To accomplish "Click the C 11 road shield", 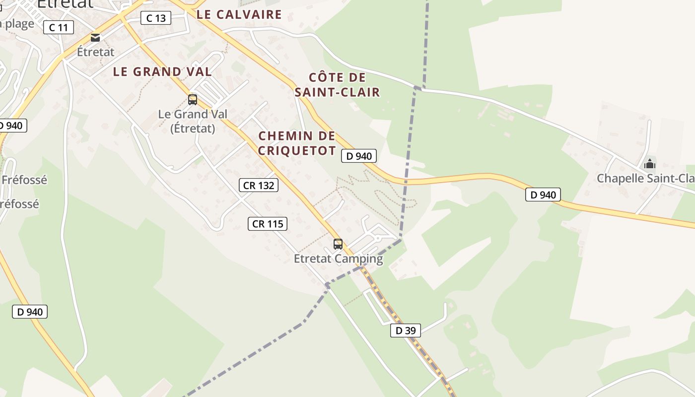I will coord(59,27).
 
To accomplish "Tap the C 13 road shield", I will coord(156,18).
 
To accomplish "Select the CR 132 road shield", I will coord(258,185).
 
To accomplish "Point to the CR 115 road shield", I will coord(268,224).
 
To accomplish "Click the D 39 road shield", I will coord(406,330).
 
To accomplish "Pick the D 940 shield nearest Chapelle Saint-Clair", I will coord(543,195).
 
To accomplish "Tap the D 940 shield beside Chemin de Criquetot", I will coord(359,156).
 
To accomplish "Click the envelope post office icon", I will coord(95,38).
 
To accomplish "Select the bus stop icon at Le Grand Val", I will coord(193,100).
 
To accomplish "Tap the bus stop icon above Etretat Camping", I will coord(338,244).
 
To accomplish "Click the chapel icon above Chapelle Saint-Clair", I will coord(649,164).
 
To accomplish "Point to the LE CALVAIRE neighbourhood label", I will coord(239,14).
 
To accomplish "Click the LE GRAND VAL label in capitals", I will coord(162,71).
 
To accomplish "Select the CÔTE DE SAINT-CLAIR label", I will coord(337,85).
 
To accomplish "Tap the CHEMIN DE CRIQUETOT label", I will coord(297,143).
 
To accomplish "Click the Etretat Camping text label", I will coord(338,259).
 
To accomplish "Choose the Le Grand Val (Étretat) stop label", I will coord(193,121).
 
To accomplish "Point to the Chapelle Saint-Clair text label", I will coord(645,178).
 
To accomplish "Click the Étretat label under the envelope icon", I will coord(96,52).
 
